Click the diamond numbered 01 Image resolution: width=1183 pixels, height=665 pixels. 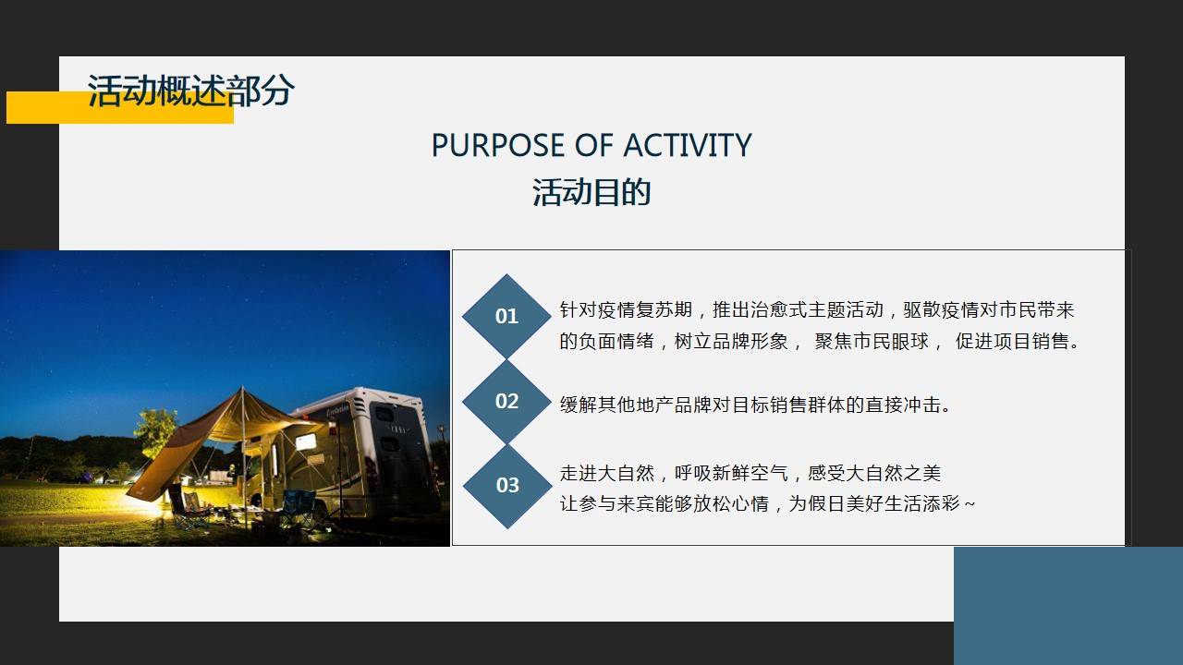[506, 316]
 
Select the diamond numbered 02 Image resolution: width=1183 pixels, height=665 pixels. [506, 401]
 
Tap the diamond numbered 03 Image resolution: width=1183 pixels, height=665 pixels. [507, 486]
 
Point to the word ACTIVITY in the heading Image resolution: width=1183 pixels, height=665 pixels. [687, 145]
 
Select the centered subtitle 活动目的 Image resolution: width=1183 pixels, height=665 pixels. [591, 191]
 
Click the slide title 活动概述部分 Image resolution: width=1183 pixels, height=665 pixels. [190, 91]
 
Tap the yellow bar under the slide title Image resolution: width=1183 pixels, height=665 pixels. [120, 108]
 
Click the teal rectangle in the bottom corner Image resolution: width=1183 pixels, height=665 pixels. [1068, 606]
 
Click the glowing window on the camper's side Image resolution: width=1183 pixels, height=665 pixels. [305, 441]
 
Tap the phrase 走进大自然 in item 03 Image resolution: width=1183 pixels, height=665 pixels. [607, 473]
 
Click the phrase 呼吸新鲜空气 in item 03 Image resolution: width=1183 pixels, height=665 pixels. [731, 473]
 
